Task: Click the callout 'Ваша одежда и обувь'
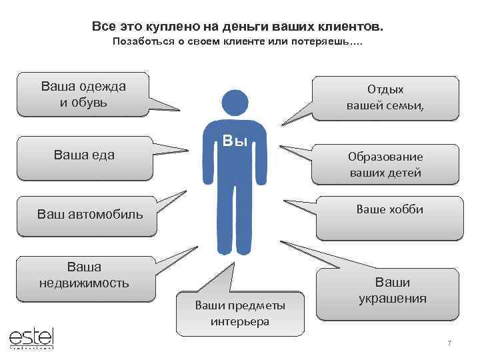[x=83, y=95]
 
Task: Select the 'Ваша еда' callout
[x=83, y=155]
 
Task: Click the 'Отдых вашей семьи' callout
[x=385, y=97]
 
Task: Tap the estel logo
[x=31, y=337]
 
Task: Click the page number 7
[x=449, y=343]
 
